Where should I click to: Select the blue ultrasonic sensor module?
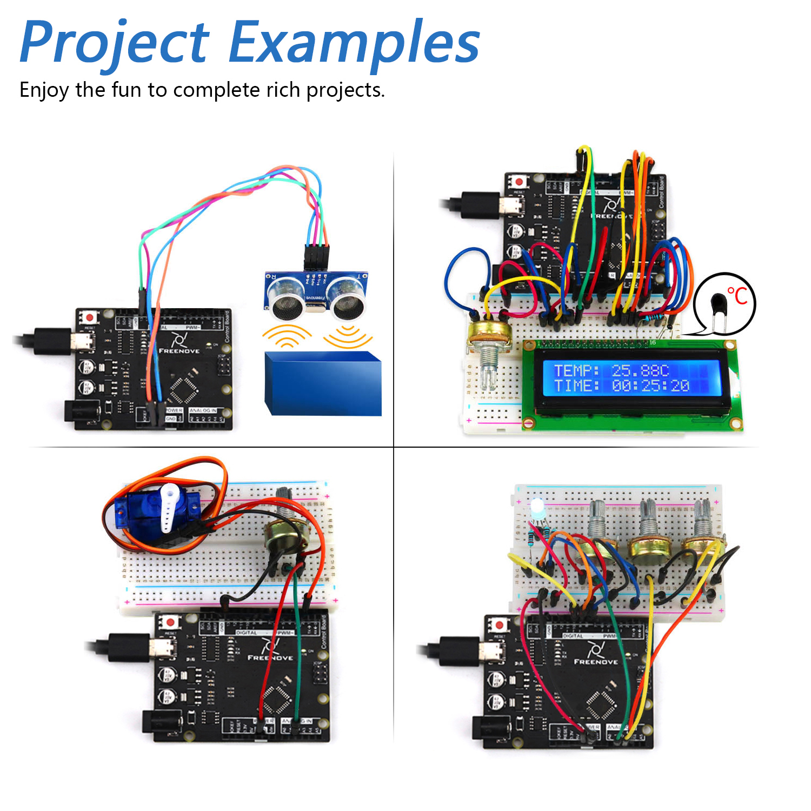[x=317, y=295]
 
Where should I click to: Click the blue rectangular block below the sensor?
[x=323, y=383]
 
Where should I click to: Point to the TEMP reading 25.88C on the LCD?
[x=640, y=370]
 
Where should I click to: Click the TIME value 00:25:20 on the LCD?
[x=650, y=385]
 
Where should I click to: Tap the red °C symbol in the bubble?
[x=737, y=296]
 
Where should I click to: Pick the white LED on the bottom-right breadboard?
[x=537, y=508]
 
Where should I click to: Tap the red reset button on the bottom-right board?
[x=499, y=625]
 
